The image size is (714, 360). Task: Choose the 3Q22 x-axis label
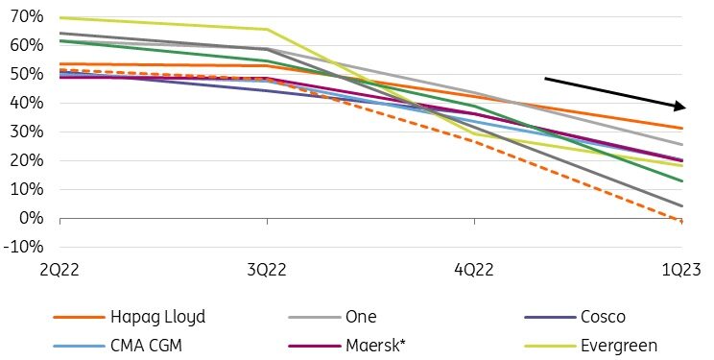tap(266, 270)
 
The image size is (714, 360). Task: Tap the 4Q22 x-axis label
tap(474, 270)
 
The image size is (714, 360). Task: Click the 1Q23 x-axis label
tap(683, 270)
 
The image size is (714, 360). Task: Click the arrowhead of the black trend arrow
tap(679, 107)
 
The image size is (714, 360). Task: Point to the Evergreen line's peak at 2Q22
tap(59, 17)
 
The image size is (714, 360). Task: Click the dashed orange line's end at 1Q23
tap(682, 222)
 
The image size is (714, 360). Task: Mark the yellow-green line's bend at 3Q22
tap(267, 30)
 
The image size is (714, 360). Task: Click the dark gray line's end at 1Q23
tap(682, 205)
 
